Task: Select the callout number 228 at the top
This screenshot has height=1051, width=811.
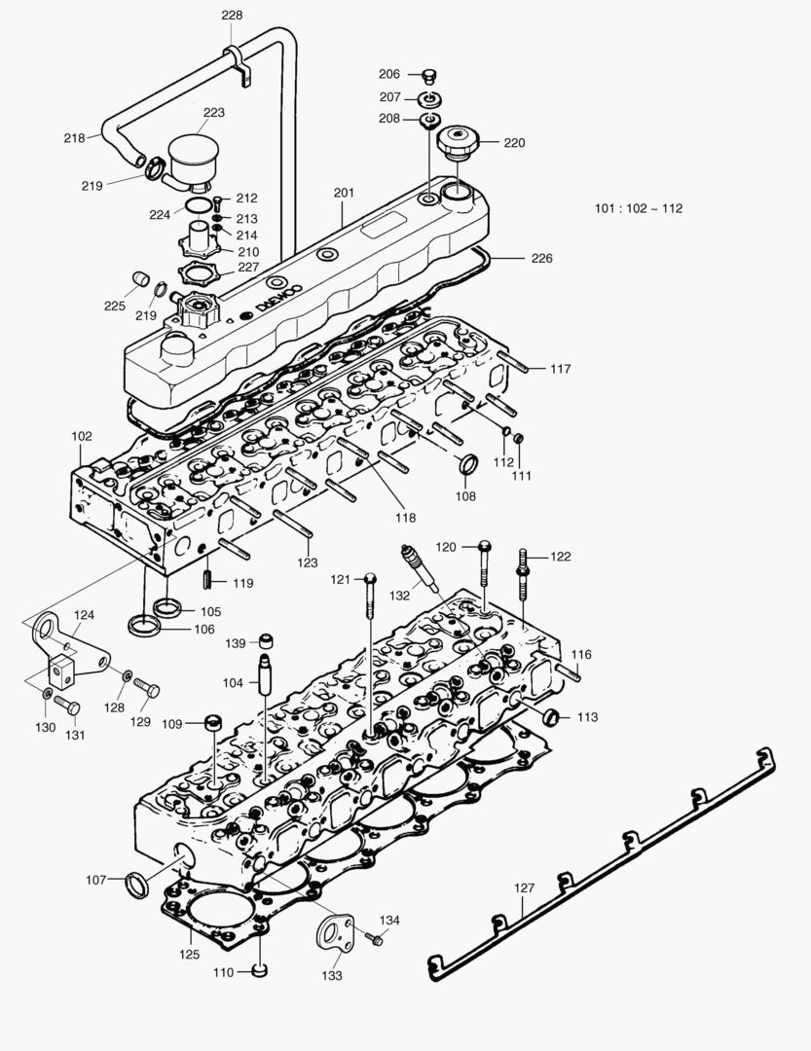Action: point(233,15)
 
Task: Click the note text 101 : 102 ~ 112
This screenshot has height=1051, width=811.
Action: point(638,208)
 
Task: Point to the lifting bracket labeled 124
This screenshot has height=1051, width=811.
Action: point(60,646)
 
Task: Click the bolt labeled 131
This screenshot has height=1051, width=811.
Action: point(65,705)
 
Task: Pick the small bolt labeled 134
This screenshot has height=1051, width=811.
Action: point(375,938)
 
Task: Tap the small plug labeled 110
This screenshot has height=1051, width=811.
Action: point(259,970)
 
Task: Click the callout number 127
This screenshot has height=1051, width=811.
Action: point(525,888)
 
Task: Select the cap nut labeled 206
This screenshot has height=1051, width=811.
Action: point(429,75)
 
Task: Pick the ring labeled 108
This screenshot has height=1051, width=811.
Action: point(467,466)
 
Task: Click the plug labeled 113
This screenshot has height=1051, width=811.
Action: point(551,718)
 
